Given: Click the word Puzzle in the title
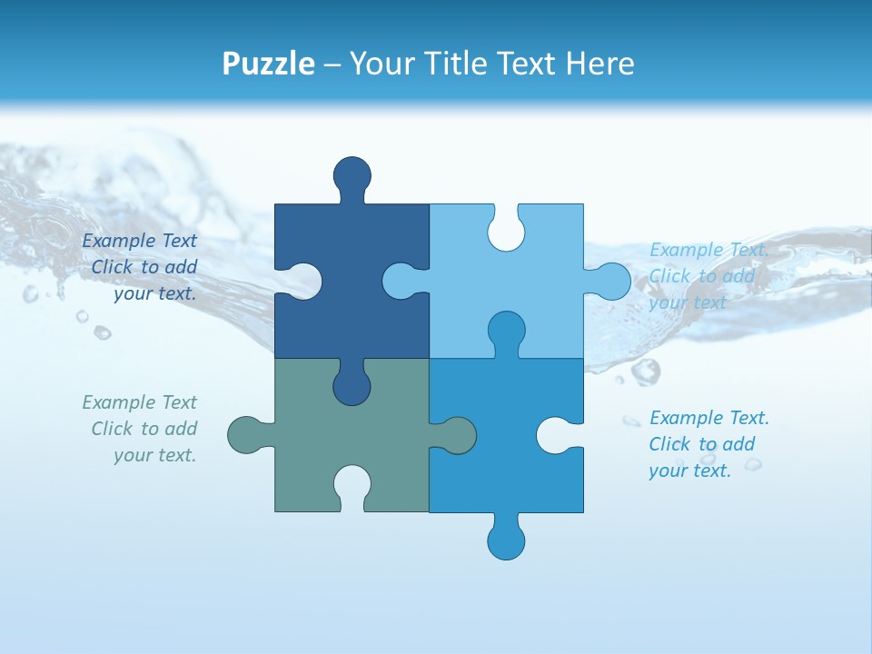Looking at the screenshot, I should [x=269, y=64].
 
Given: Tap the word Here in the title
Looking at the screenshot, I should [x=600, y=64].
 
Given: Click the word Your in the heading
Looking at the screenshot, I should [x=381, y=64].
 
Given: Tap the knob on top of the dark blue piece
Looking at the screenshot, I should [x=352, y=175].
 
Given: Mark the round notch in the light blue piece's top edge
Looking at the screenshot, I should [x=506, y=229].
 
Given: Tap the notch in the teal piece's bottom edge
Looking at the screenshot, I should [x=352, y=486].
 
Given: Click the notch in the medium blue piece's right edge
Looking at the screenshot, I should [x=558, y=435].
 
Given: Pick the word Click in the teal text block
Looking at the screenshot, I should [x=113, y=429].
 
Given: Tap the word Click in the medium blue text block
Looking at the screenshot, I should [x=669, y=444].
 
